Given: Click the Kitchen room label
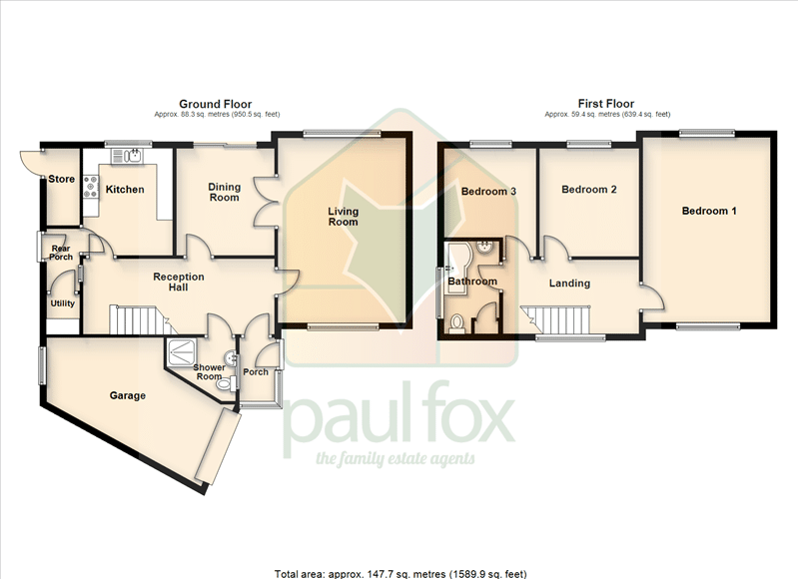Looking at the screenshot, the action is [125, 190].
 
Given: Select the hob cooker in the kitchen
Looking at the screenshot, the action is [91, 187].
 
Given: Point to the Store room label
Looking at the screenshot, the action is [62, 179].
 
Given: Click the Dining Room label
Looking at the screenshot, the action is [225, 193].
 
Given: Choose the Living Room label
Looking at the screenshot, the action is [343, 217].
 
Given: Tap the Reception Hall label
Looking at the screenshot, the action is [179, 282].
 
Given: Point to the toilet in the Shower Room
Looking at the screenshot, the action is [227, 383].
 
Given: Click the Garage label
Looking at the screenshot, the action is [128, 395].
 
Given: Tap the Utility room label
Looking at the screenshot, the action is [63, 303].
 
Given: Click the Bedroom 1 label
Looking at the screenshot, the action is [709, 211].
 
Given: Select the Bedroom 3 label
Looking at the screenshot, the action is [488, 192].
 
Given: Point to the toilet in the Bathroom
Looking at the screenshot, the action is [456, 322].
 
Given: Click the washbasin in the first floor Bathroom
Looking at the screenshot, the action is [484, 249].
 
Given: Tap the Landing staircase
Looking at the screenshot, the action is [555, 319].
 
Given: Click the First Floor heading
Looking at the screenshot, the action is [606, 104].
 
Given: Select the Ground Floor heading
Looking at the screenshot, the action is [216, 104].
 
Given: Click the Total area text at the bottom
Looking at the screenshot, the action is [400, 574].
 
